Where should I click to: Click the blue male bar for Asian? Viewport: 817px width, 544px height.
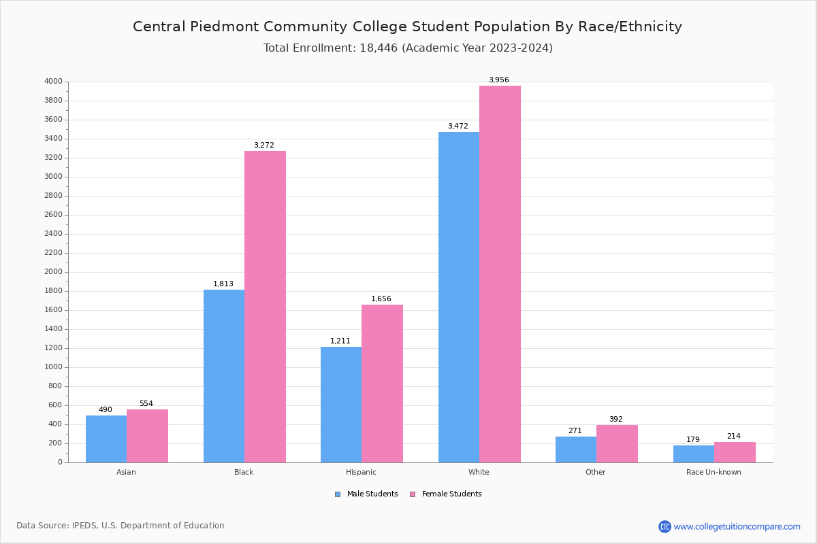106,439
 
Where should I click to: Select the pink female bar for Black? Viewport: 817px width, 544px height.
265,306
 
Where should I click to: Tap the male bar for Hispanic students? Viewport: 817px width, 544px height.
341,405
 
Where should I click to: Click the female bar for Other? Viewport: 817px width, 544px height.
617,443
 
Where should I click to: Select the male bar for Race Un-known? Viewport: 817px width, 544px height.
694,454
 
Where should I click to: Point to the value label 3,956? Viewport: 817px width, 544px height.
498,80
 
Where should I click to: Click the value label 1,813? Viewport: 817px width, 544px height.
223,284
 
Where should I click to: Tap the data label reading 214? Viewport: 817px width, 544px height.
733,437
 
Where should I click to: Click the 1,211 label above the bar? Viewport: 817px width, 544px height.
340,341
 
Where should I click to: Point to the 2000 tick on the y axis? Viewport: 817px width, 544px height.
53,272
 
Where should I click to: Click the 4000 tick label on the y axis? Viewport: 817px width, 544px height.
53,82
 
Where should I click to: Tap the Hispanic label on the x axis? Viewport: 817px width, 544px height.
361,472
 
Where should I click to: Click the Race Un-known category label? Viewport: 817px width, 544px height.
714,472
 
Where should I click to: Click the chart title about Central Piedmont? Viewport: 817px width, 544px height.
407,27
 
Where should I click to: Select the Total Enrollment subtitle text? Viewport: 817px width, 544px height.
407,48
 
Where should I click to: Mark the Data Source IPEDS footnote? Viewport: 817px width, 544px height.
121,526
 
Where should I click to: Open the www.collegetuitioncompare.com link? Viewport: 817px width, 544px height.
737,526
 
